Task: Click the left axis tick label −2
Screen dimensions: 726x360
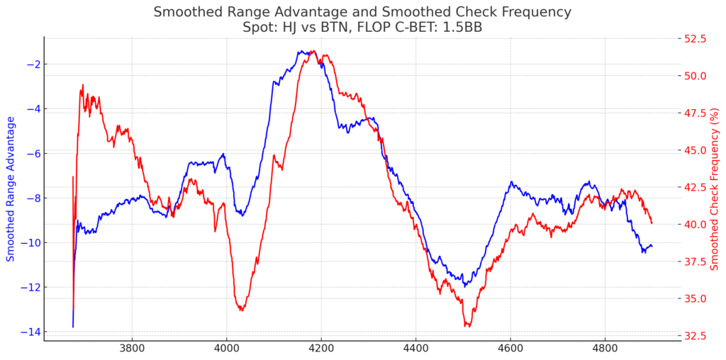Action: click(x=32, y=64)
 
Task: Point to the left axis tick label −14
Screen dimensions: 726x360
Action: click(x=28, y=332)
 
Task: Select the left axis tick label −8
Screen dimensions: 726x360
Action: click(x=32, y=198)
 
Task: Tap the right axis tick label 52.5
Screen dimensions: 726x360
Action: click(x=698, y=39)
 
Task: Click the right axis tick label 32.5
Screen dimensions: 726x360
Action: click(x=698, y=335)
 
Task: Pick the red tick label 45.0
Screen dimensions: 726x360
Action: click(x=698, y=150)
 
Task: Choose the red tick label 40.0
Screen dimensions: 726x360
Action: click(x=698, y=225)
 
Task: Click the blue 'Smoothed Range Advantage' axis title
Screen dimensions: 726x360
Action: click(x=10, y=189)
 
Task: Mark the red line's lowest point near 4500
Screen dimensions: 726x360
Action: click(x=468, y=327)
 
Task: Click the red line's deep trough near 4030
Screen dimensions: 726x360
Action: click(x=242, y=310)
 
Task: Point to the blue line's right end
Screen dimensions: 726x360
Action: click(x=652, y=246)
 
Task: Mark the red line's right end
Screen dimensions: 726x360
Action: click(x=652, y=223)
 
